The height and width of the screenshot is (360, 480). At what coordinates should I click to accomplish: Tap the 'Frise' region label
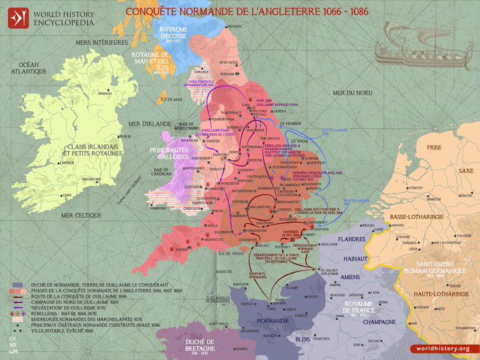click(x=435, y=148)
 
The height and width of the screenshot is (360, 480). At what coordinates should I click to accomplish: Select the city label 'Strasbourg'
click(x=459, y=327)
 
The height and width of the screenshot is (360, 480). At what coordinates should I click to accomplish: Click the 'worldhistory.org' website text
click(x=442, y=348)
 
